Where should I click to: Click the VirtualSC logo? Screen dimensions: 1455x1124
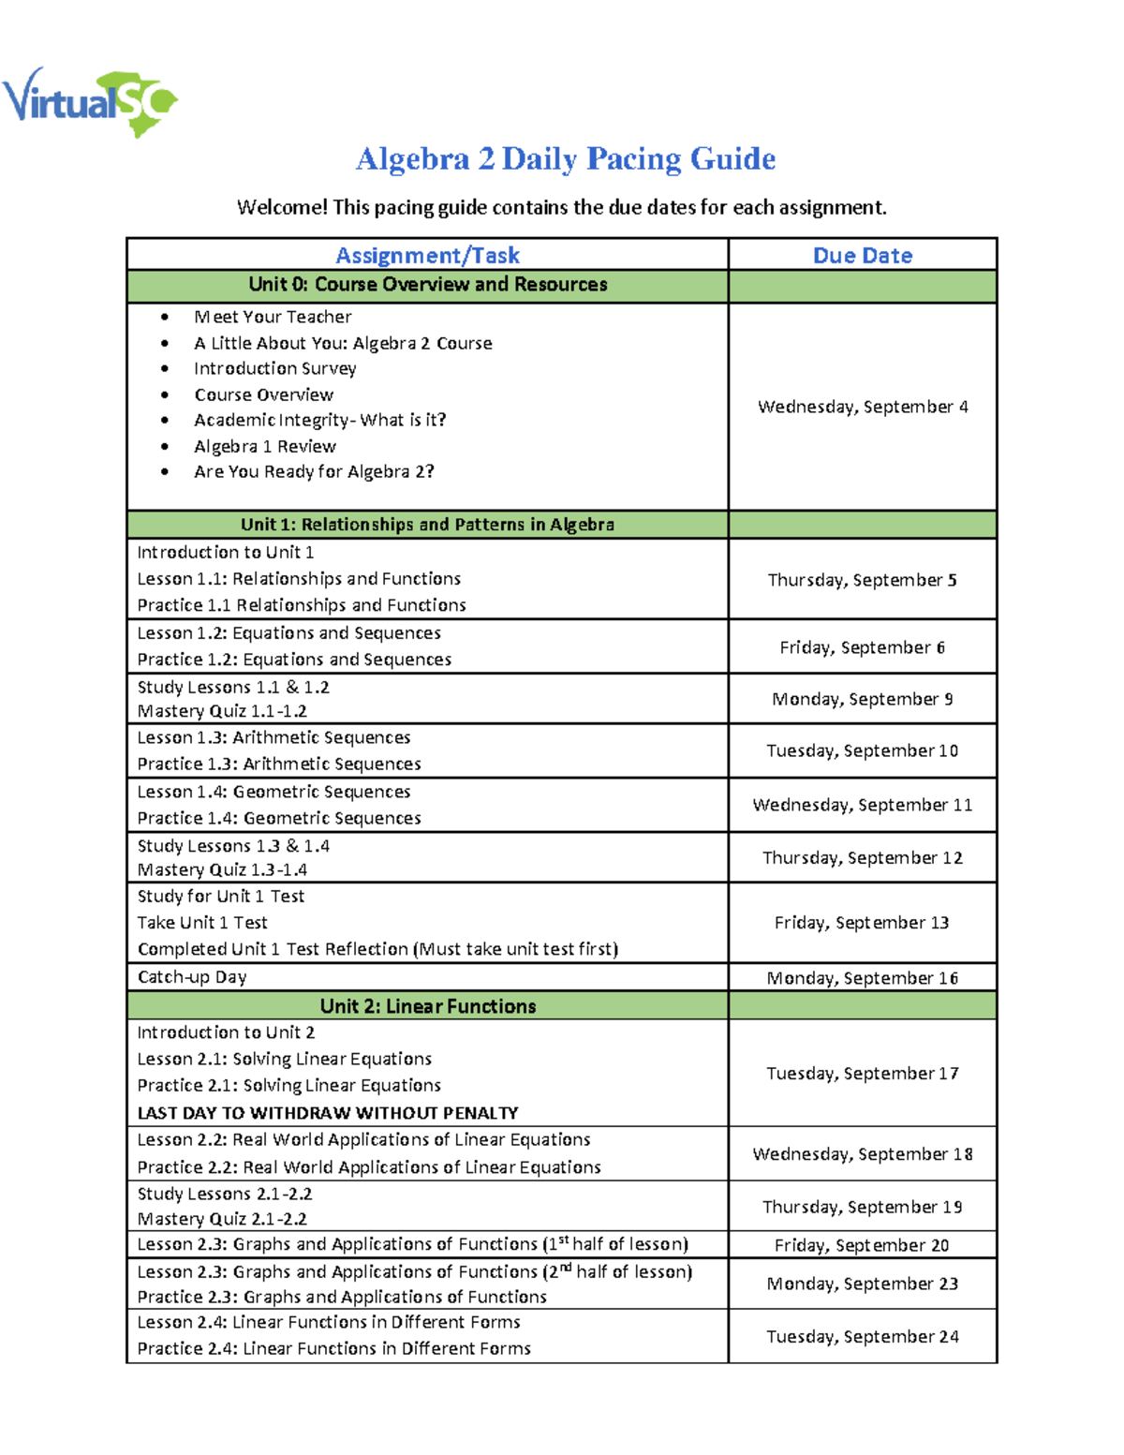pos(90,101)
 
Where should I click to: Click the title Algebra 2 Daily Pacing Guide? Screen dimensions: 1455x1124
pos(565,159)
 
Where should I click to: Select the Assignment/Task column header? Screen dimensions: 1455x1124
pos(427,255)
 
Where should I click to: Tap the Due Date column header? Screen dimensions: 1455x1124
pos(862,255)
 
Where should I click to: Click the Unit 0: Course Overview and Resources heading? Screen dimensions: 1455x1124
pos(427,285)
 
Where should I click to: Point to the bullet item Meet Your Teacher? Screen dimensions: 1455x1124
pos(273,318)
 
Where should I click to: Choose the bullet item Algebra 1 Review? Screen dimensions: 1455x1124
pos(264,447)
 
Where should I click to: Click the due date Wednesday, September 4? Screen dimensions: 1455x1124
pos(862,407)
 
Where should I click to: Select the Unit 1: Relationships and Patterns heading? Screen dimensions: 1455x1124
pos(427,525)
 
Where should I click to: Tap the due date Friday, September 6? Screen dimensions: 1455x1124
pos(862,647)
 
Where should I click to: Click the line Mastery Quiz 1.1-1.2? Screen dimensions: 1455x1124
pos(222,712)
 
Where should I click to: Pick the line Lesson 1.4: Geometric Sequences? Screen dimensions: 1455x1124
pos(274,793)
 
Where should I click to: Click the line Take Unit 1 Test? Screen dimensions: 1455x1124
pos(202,923)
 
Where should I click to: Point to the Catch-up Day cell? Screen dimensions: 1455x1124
pos(192,977)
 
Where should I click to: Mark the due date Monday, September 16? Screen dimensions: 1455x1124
pos(862,978)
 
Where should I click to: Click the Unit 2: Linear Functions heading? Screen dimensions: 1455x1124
pos(427,1006)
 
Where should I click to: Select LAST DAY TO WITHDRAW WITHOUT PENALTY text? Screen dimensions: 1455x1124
pos(328,1113)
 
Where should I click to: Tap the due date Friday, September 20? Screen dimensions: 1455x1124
pos(862,1245)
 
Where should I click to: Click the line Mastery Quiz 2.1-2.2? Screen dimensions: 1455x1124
pos(222,1219)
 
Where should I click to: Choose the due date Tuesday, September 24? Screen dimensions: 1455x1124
pos(862,1337)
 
